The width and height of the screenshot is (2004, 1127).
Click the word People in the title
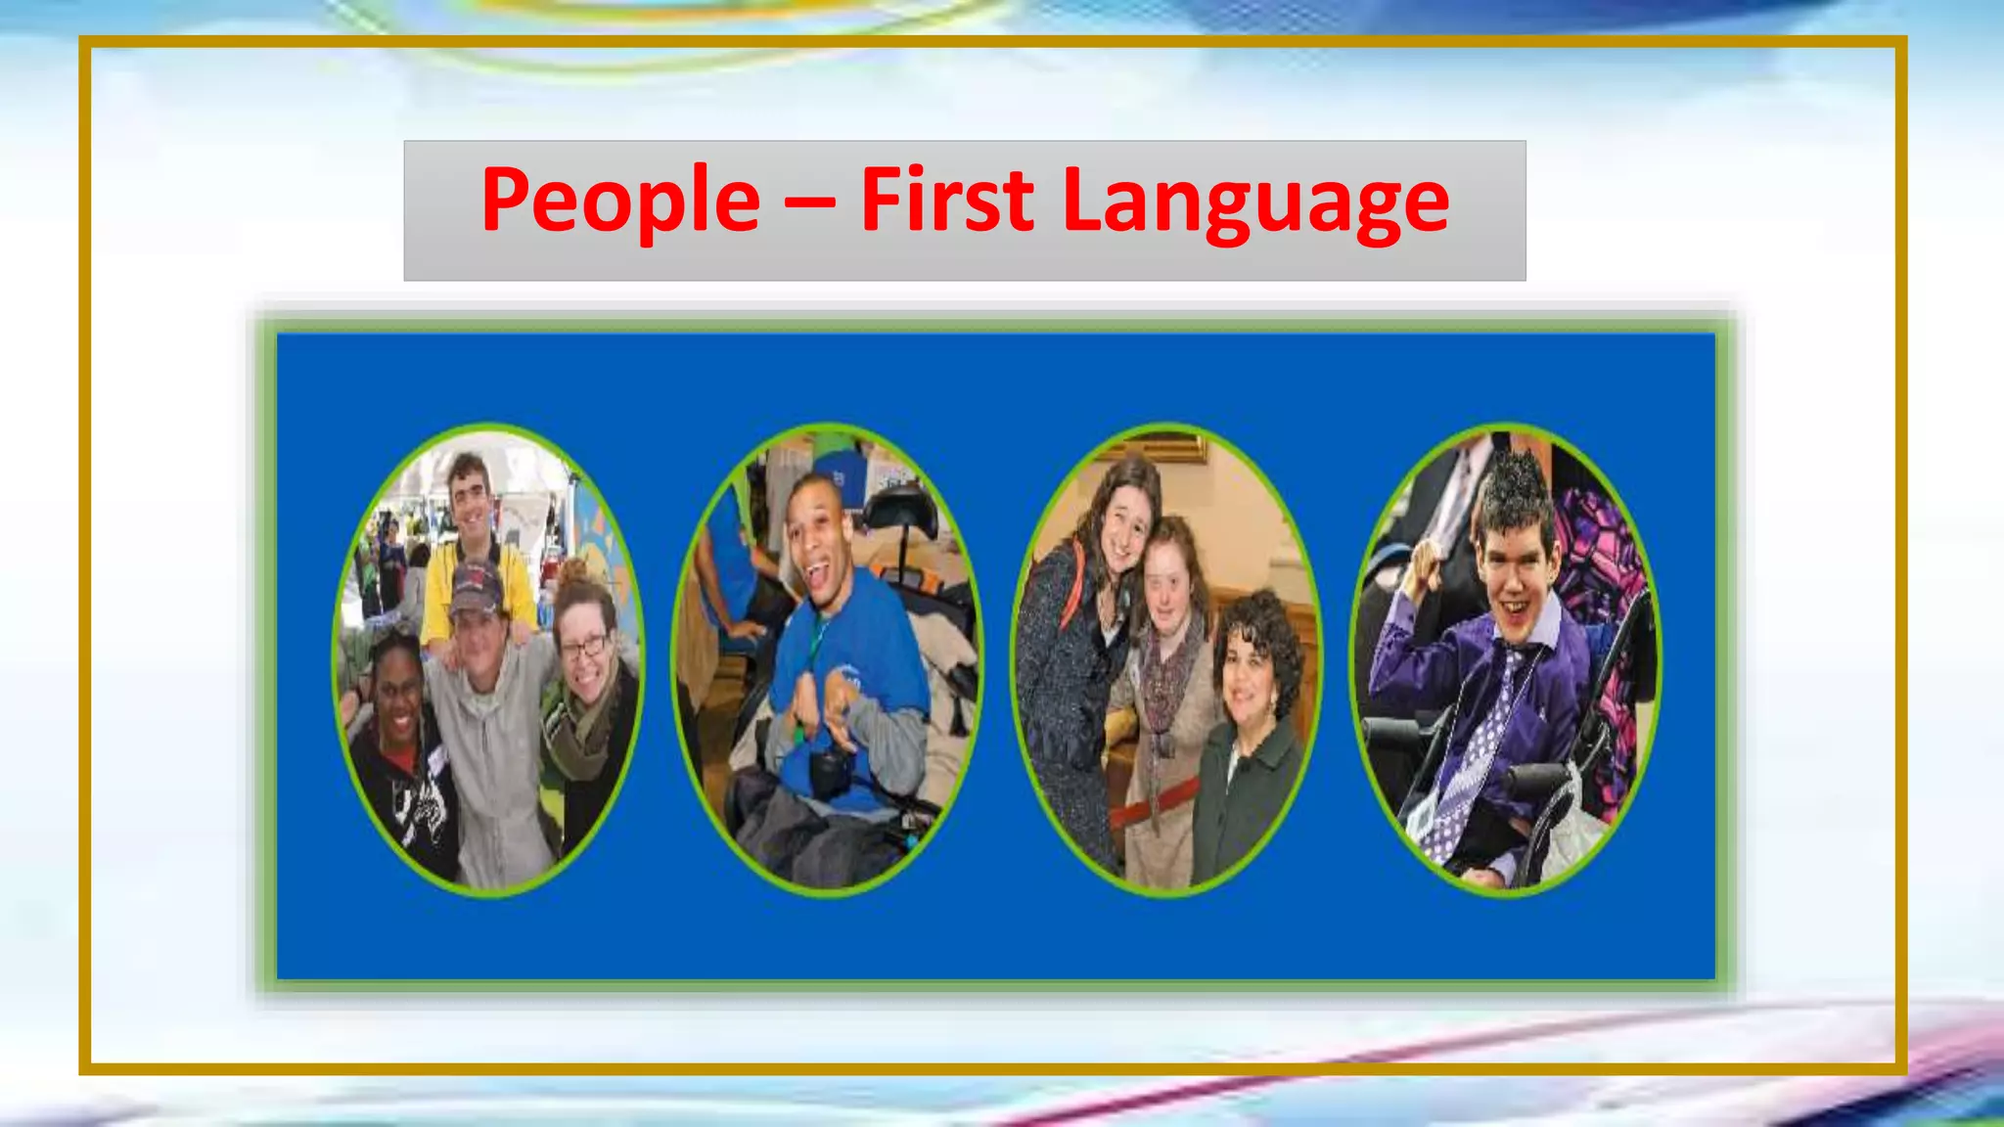620,201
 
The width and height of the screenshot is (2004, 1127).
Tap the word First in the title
946,201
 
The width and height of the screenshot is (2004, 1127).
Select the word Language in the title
1255,203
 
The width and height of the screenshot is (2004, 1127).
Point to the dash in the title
809,203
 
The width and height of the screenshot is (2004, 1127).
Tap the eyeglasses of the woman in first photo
584,647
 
